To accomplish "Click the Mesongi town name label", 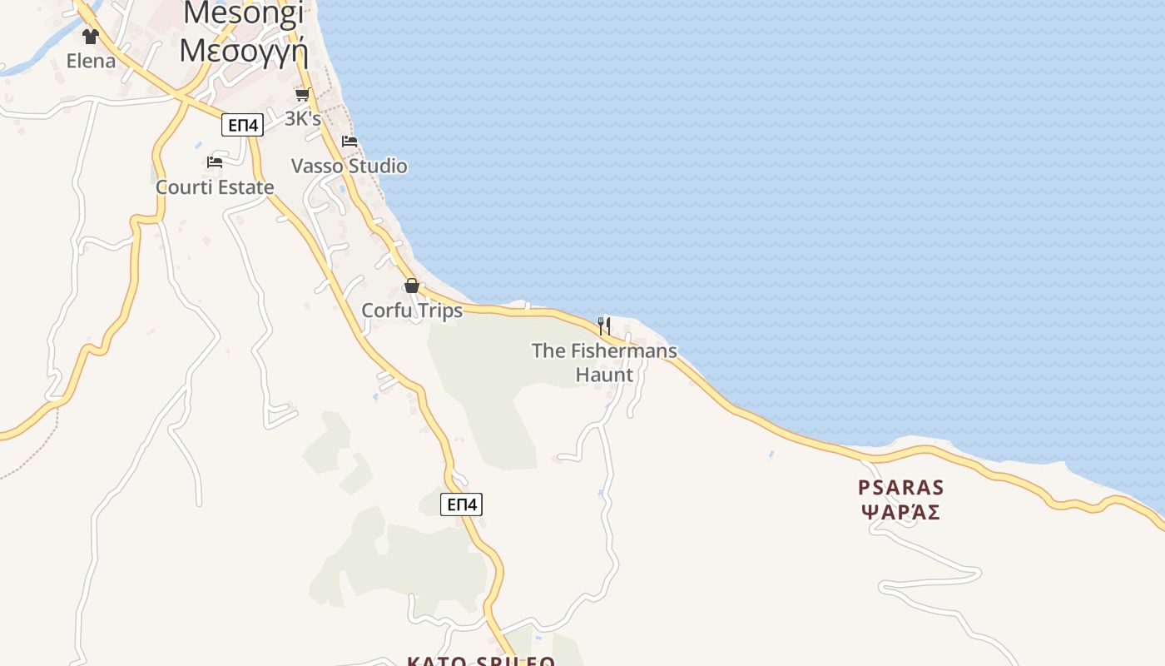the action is pos(244,13).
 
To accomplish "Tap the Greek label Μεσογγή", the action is pos(244,50).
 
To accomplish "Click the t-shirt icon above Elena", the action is pos(91,37).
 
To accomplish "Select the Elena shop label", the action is pos(91,61).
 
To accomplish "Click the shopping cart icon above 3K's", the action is pos(303,95).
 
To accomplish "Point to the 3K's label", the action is pos(303,119).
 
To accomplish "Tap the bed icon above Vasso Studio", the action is pos(349,142).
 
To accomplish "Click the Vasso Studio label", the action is pos(349,166).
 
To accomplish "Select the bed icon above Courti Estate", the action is pos(215,162).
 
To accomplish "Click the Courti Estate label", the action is pos(215,187).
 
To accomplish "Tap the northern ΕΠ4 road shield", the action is pos(243,126).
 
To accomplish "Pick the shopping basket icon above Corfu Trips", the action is pos(411,286).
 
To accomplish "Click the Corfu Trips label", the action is pos(412,311).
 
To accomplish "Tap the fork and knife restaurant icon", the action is pos(604,326).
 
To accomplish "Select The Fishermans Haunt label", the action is pos(604,351).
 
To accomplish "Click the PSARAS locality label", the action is pos(901,487).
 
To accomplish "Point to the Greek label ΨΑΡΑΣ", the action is pos(901,512).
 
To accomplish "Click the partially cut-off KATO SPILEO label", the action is pos(481,661).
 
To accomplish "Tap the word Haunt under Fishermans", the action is pos(604,375).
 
